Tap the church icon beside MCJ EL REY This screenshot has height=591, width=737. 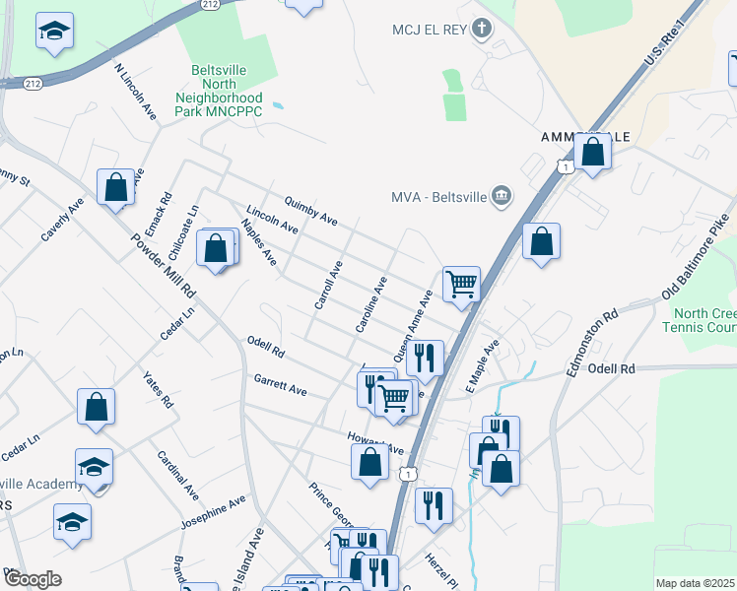tap(482, 28)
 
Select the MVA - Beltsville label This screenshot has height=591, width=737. tap(439, 196)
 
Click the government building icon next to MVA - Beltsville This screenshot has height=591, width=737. tap(502, 195)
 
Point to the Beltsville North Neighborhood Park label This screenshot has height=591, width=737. tap(219, 86)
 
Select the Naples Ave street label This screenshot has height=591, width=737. tap(258, 242)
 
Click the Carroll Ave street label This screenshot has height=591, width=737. tap(327, 286)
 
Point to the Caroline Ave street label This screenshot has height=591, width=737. tap(370, 303)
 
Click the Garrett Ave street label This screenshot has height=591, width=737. tap(280, 384)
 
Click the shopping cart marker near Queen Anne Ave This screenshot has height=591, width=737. tap(461, 284)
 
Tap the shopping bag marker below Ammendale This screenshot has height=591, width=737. tap(592, 153)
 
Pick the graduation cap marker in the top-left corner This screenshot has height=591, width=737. tap(54, 32)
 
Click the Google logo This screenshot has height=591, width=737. tap(33, 579)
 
